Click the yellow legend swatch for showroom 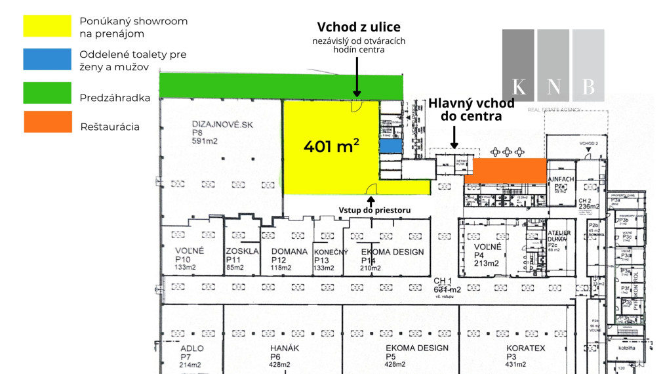coord(47,26)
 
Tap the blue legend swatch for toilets coord(47,60)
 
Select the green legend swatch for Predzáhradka coord(47,93)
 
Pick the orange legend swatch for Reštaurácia coord(47,122)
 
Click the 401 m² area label coord(331,146)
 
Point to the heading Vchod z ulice coord(359,27)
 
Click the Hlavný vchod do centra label coord(471,110)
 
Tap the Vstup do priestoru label coord(374,210)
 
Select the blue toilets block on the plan coord(390,146)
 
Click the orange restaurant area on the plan coord(505,169)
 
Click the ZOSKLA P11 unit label coord(242,259)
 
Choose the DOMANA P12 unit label coord(289,259)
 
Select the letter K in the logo coord(519,87)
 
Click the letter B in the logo coord(588,87)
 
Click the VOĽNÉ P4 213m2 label coord(487,255)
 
